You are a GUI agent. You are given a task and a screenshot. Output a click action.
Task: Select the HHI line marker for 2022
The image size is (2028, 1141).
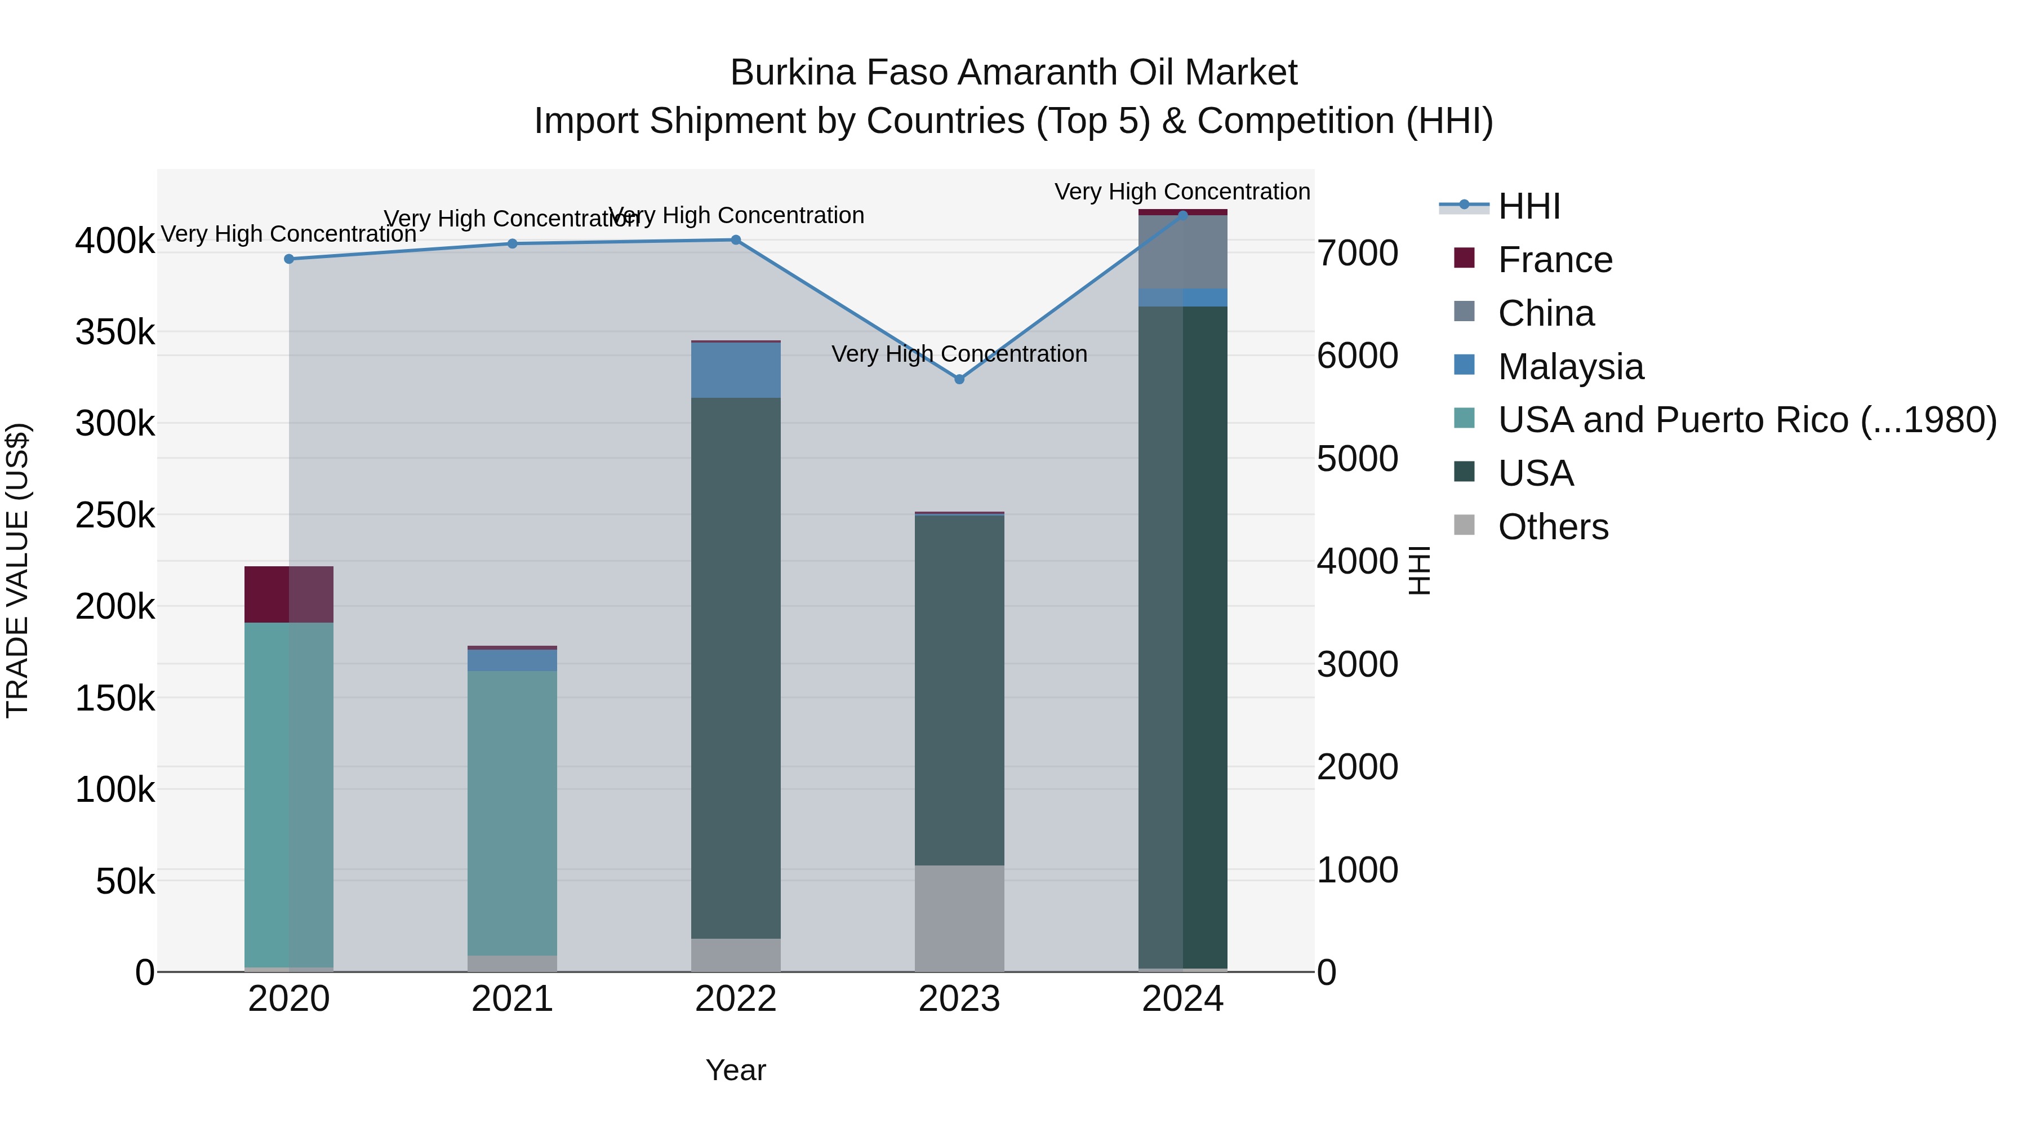[x=735, y=240]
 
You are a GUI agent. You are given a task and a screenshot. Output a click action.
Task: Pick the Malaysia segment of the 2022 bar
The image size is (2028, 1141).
[x=735, y=370]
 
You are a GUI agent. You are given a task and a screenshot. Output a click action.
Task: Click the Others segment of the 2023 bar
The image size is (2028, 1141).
[x=959, y=918]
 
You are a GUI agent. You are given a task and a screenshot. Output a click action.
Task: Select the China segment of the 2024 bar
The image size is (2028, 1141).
[x=1182, y=252]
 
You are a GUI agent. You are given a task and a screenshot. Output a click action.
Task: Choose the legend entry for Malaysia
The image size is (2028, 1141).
[x=1570, y=367]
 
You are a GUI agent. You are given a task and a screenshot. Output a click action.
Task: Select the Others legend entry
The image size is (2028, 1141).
[x=1553, y=527]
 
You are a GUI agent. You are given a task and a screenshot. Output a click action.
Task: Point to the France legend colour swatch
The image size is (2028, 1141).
[x=1464, y=258]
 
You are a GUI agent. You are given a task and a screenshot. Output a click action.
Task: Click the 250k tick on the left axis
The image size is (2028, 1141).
[x=115, y=516]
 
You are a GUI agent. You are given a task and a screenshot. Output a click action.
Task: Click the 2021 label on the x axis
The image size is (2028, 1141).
[x=512, y=999]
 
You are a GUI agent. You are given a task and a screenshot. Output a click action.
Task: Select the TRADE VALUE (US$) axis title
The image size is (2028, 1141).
[x=17, y=570]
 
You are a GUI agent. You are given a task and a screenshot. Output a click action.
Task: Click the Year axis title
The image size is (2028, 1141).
[x=735, y=1070]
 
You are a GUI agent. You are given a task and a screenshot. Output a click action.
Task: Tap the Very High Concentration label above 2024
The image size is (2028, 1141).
[x=1182, y=192]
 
